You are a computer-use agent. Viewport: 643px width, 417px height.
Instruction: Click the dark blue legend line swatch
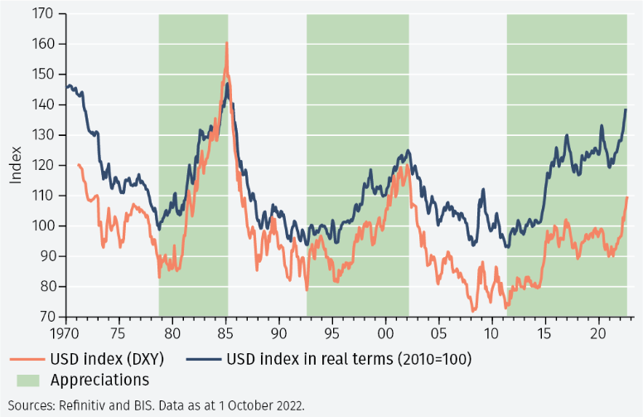202,359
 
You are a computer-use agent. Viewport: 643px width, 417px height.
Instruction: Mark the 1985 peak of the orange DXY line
226,43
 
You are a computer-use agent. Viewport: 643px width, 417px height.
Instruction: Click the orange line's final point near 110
627,197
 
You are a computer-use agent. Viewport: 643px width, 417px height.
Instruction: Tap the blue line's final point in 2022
626,109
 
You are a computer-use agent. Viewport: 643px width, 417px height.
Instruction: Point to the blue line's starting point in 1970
67,86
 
